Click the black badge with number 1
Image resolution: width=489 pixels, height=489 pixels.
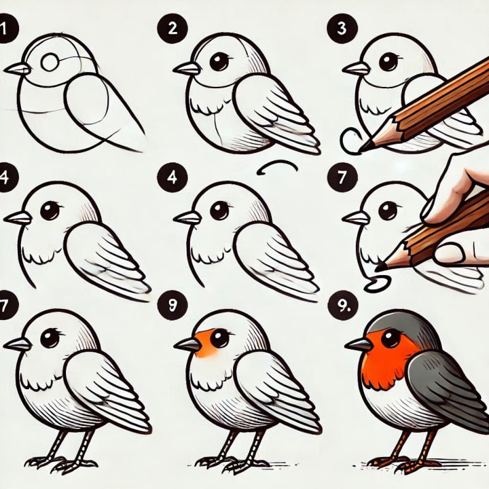[7, 29]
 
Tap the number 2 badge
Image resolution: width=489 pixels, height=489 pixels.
[173, 29]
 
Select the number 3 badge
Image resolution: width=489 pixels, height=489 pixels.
[342, 29]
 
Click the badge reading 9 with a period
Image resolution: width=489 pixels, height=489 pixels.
[342, 306]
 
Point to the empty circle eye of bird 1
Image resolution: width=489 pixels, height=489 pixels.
[50, 62]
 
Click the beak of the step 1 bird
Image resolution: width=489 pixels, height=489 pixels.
[18, 69]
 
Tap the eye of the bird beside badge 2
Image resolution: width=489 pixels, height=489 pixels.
[219, 62]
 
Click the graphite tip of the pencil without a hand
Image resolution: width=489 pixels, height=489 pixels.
[365, 147]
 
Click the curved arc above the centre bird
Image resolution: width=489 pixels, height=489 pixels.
[278, 164]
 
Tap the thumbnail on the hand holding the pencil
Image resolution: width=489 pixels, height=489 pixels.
[448, 253]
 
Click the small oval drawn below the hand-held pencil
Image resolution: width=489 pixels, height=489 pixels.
[378, 283]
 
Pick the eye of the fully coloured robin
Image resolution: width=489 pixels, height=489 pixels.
[391, 338]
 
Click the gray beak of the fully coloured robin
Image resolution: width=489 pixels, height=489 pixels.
[359, 344]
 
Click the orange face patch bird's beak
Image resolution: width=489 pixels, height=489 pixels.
[187, 344]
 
